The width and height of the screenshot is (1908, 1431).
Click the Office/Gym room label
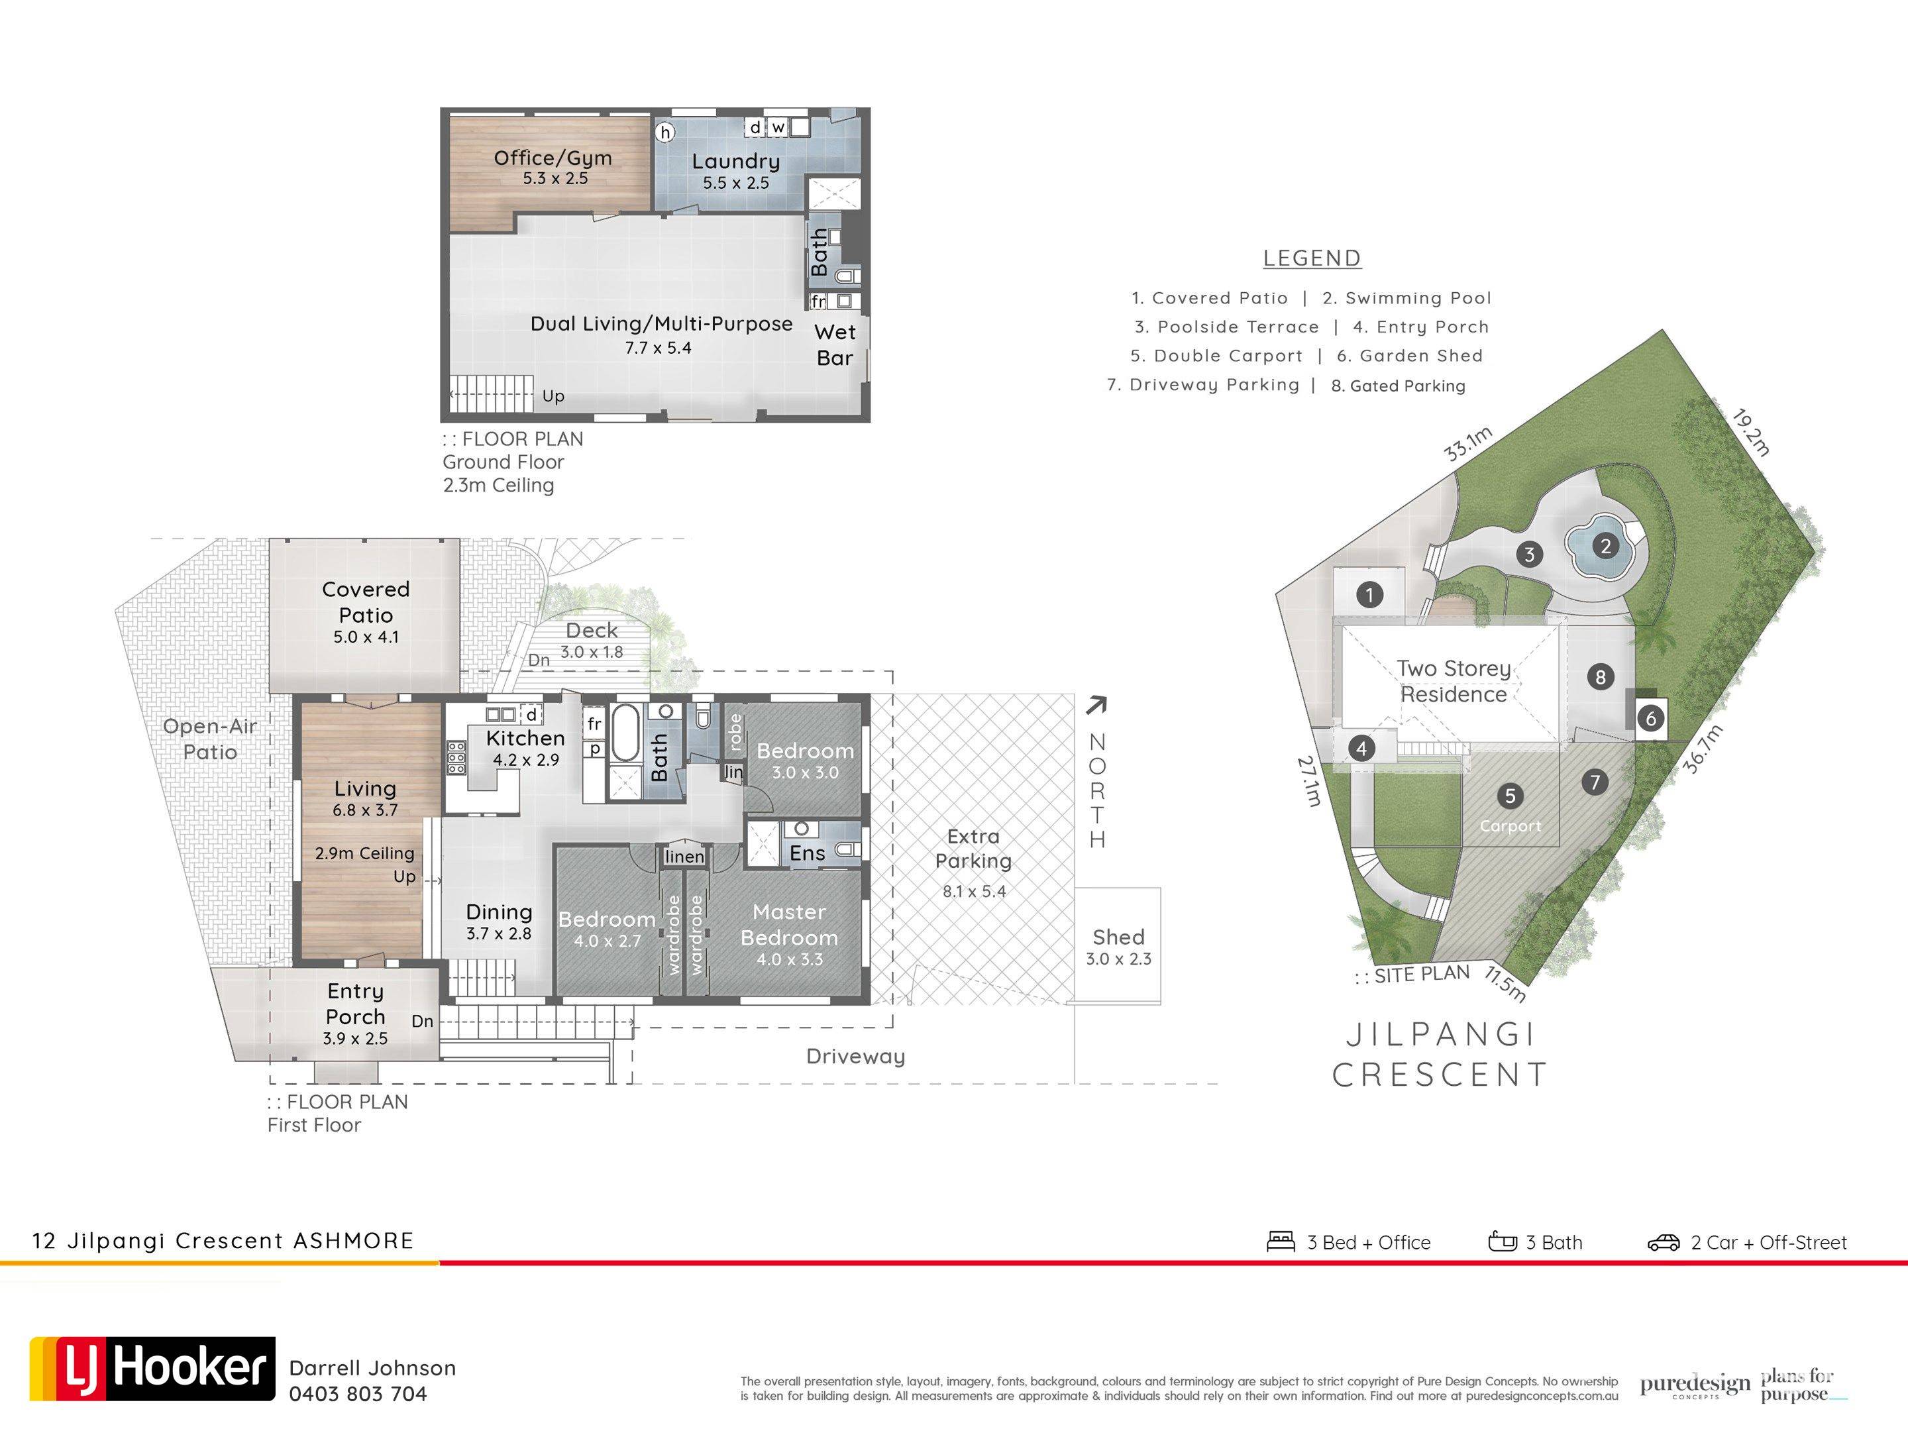(x=553, y=158)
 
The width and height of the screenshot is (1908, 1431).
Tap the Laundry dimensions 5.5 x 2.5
(x=736, y=183)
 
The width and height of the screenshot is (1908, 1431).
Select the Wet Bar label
(x=835, y=345)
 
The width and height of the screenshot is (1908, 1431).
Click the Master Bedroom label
(x=789, y=925)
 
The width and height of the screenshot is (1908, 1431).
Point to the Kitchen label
(x=525, y=739)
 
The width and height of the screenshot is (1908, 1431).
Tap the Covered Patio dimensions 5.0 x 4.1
(x=366, y=637)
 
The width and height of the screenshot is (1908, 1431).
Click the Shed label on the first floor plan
(x=1119, y=937)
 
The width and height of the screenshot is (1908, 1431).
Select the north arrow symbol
(x=1096, y=706)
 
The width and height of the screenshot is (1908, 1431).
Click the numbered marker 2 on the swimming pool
(x=1605, y=545)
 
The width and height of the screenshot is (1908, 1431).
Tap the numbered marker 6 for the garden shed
(x=1651, y=719)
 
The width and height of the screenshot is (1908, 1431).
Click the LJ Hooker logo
(x=152, y=1369)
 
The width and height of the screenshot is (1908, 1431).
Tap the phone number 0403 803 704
(x=358, y=1395)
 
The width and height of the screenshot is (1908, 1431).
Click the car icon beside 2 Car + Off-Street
(x=1663, y=1242)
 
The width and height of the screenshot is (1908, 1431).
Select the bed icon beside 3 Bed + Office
(x=1281, y=1242)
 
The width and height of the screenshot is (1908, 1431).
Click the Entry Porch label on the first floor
(x=355, y=1004)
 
